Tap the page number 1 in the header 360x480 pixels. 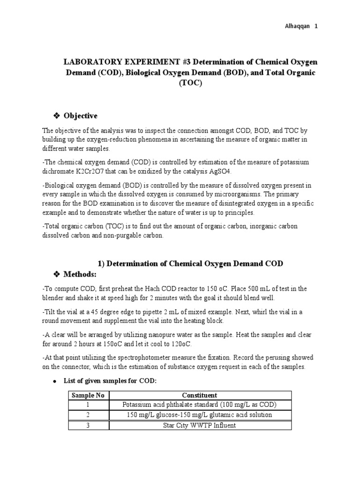click(x=316, y=26)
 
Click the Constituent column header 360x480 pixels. click(x=200, y=395)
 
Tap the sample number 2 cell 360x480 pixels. click(x=88, y=415)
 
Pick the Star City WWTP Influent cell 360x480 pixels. click(x=200, y=425)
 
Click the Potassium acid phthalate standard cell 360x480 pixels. click(x=200, y=405)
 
